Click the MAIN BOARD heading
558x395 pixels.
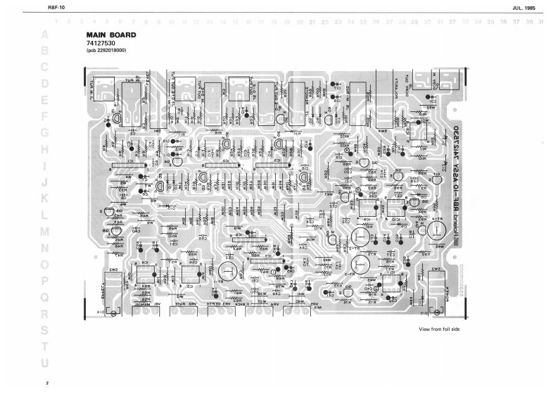pyautogui.click(x=110, y=35)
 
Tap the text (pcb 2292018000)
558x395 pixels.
pyautogui.click(x=106, y=51)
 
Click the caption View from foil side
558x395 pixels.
pyautogui.click(x=439, y=330)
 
